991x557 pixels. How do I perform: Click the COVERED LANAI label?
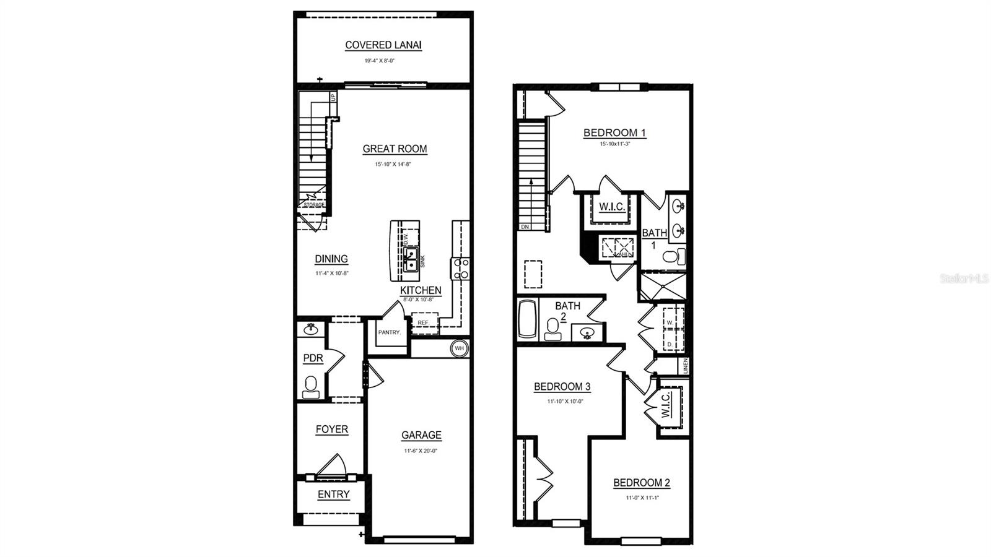click(383, 45)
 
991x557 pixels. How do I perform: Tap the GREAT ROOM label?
click(395, 149)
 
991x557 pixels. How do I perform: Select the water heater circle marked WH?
click(460, 348)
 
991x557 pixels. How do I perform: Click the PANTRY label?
click(390, 332)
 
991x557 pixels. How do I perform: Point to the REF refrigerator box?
click(424, 323)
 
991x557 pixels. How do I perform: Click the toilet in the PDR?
click(311, 387)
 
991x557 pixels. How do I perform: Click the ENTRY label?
click(333, 494)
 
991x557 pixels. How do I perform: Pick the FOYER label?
click(331, 429)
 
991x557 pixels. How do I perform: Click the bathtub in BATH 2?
click(527, 319)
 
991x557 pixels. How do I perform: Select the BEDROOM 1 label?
click(614, 132)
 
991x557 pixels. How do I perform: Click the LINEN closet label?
click(685, 366)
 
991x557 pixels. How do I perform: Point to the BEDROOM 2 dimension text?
click(642, 497)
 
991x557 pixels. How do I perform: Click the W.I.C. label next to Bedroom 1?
click(611, 207)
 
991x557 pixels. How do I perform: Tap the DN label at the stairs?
click(525, 227)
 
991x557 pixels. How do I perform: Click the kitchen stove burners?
click(461, 268)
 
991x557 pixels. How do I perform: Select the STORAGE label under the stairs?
click(313, 204)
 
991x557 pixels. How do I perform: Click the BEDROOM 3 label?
click(562, 387)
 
